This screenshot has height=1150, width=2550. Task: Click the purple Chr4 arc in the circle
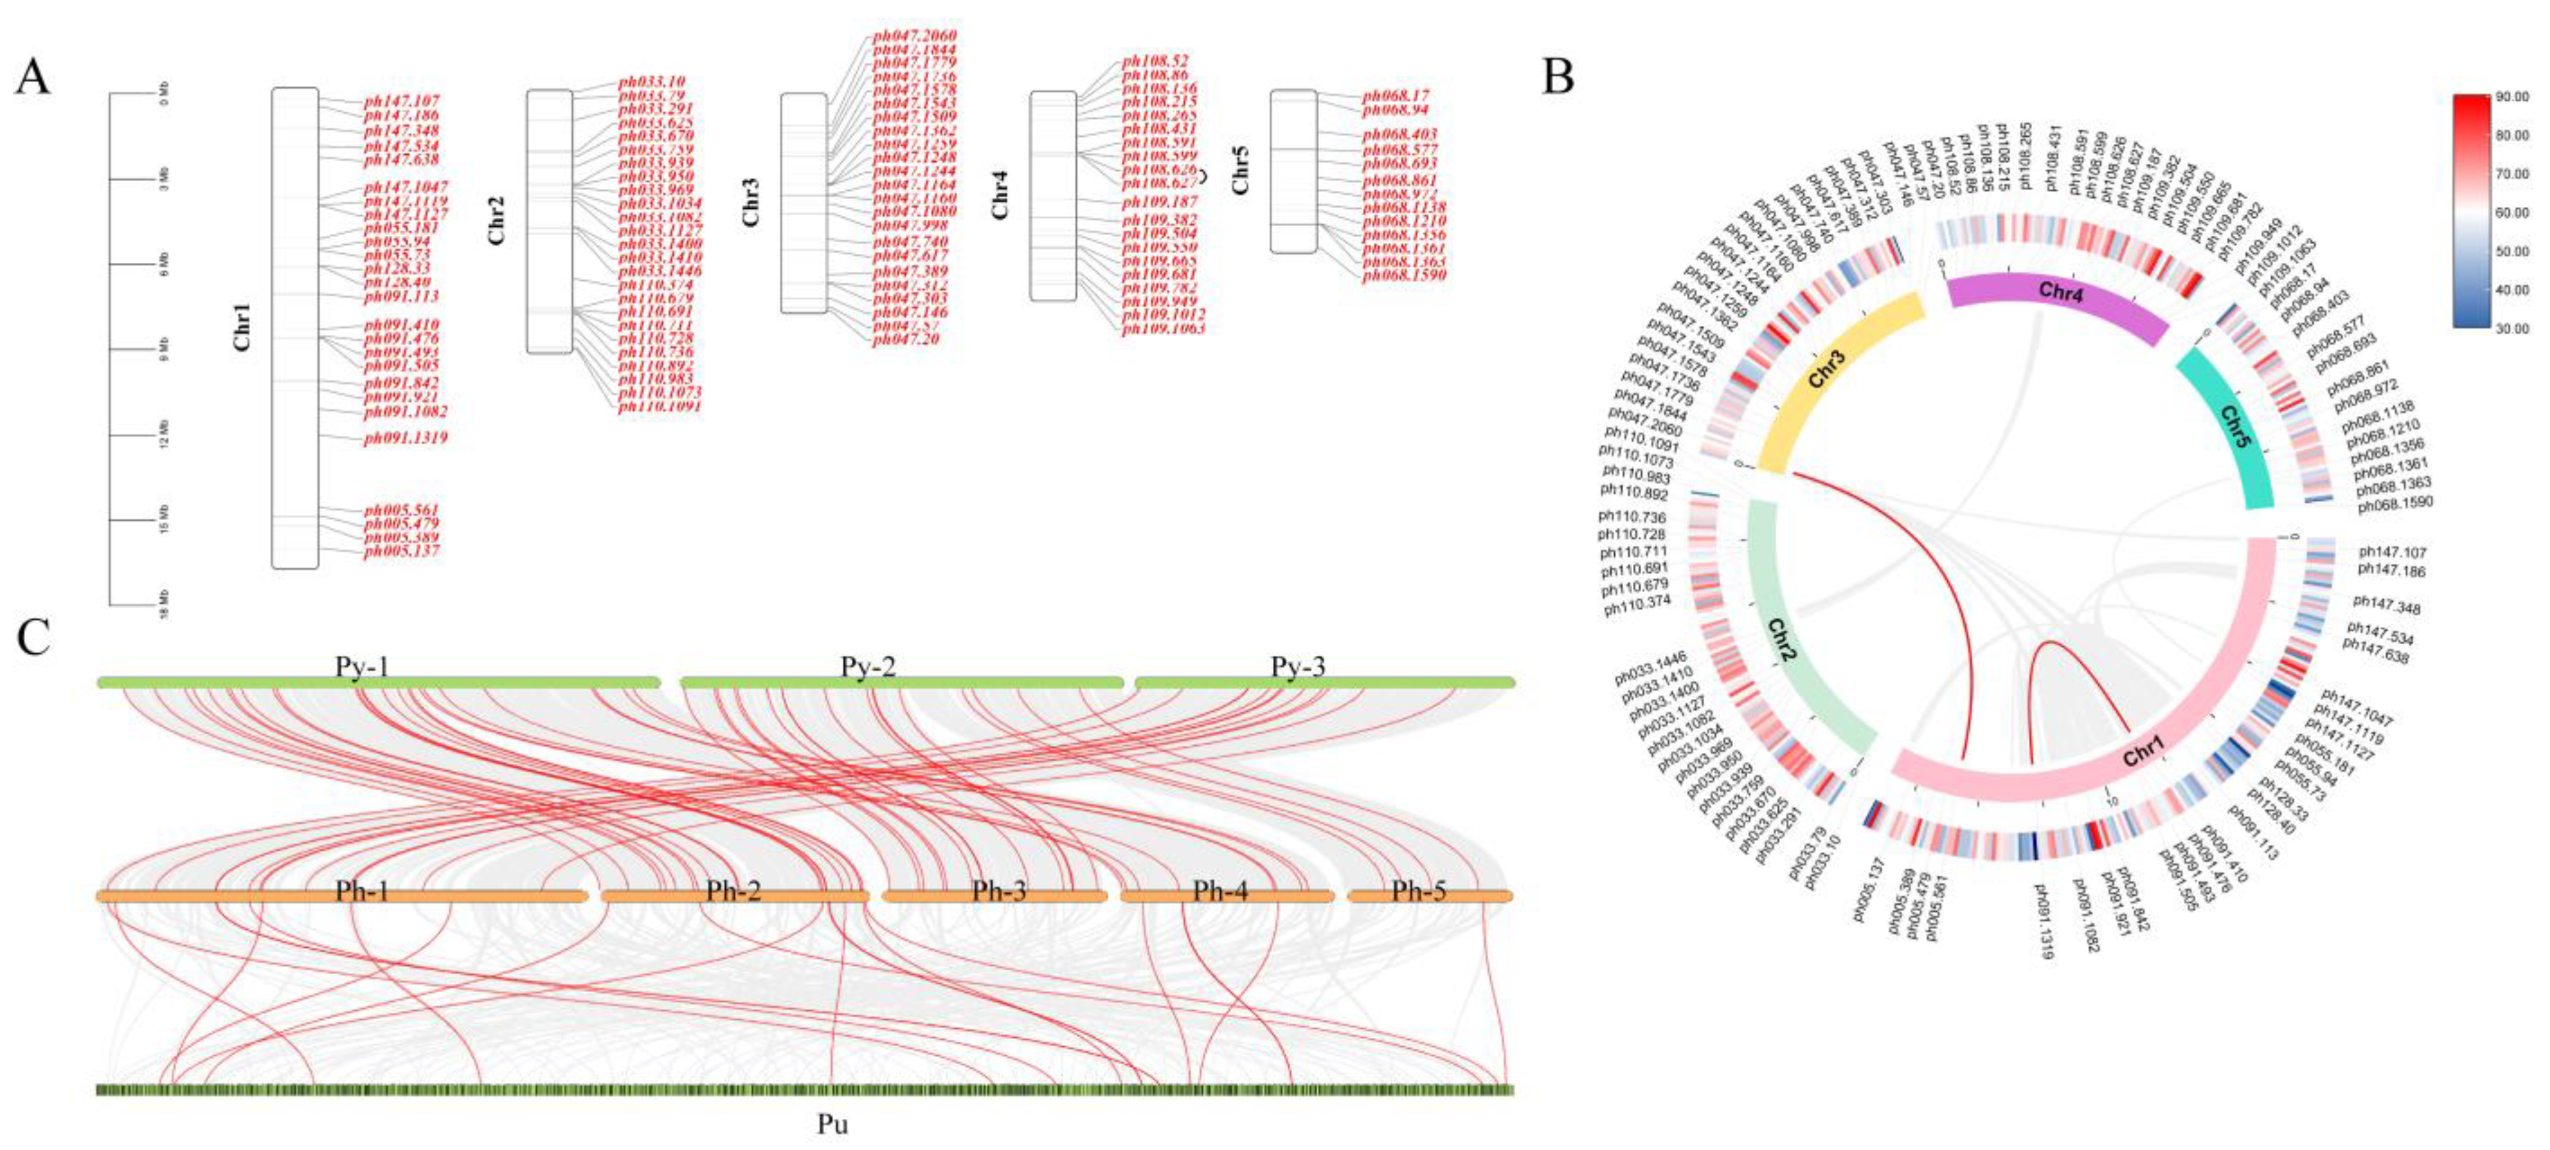[2059, 294]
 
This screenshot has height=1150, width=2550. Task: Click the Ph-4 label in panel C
[1221, 891]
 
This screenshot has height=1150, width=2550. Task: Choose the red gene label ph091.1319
[406, 437]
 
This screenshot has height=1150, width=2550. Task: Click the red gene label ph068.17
[1396, 96]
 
